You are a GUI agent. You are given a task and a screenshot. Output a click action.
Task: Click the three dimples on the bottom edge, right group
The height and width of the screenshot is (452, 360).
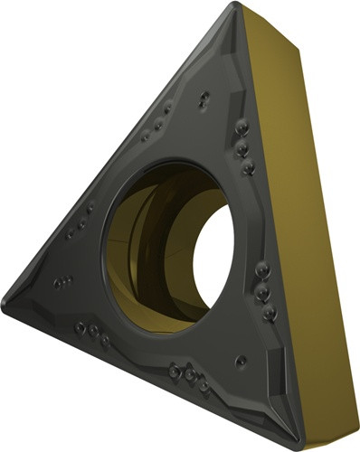coord(185,371)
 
